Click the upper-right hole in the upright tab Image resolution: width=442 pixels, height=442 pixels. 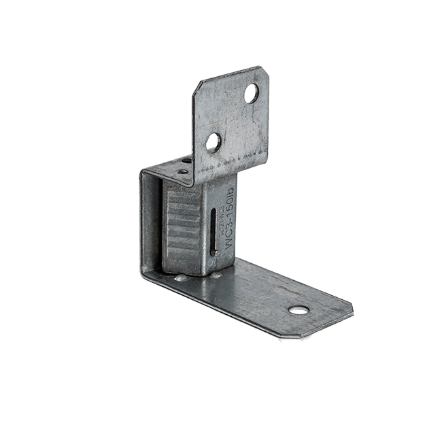point(252,94)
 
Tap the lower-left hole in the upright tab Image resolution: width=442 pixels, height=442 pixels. point(213,142)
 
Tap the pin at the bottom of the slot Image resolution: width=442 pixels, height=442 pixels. point(215,253)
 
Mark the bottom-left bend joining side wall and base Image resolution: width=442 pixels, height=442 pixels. point(144,274)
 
